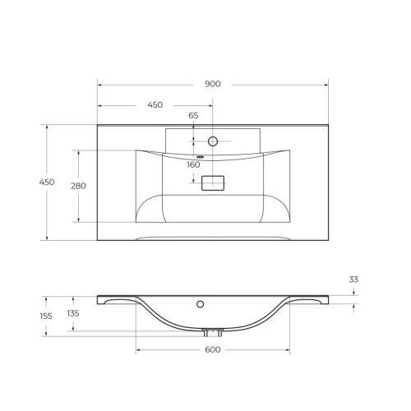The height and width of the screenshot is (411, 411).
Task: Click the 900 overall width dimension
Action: point(214,85)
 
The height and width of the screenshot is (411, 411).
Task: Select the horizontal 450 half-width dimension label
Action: point(155,105)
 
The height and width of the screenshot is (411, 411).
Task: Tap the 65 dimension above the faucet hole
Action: point(194,116)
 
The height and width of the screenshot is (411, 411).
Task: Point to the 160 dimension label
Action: point(193,164)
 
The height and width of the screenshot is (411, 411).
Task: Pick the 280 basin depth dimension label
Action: point(78,186)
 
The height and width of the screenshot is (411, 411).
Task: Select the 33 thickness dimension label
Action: point(353,280)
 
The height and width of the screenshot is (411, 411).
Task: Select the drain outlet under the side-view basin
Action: point(212,332)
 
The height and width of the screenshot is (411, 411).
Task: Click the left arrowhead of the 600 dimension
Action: point(138,351)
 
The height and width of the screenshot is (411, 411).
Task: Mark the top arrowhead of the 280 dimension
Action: point(78,152)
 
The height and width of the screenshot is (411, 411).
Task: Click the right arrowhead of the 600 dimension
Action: point(287,351)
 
